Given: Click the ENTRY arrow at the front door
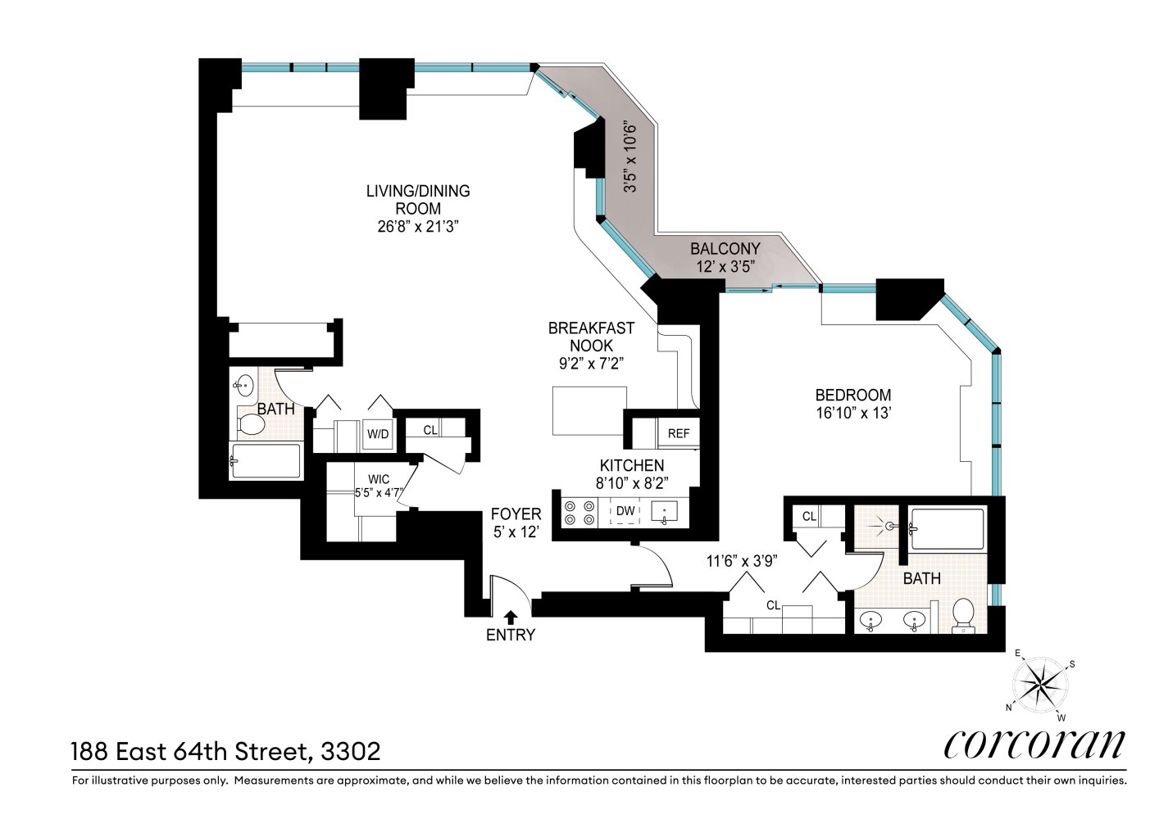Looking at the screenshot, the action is point(511,617).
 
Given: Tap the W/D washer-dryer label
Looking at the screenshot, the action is point(378,434).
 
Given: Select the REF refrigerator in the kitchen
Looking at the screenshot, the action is point(679,433).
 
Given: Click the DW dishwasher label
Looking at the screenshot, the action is point(625,511).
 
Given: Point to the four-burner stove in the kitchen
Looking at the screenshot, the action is point(579,513).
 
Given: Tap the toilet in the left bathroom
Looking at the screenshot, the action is point(251,424).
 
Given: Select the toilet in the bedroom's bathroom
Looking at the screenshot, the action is point(963,616).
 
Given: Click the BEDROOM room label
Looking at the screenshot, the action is point(853,395).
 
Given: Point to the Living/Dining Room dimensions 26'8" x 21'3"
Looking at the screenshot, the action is point(418,227).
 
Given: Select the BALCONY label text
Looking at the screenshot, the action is point(725,249).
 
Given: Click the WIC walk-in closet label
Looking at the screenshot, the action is point(379,479).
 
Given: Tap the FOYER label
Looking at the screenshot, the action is point(516,514).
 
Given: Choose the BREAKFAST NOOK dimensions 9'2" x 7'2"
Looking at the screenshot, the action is point(591,364).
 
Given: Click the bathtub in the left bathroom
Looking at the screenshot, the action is point(266,460).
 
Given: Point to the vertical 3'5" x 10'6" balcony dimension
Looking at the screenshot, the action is point(629,158).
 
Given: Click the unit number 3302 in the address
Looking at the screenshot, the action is point(351,752).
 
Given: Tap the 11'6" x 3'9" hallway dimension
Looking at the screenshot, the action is point(742,561).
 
